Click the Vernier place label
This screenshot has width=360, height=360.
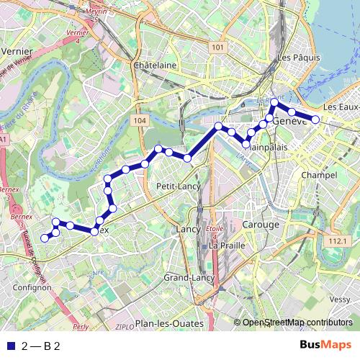(18, 52)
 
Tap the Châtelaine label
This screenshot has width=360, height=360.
(155, 65)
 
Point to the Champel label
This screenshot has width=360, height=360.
(319, 175)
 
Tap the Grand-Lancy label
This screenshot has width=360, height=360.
(189, 277)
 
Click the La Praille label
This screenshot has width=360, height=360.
(225, 246)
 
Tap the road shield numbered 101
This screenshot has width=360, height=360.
(219, 47)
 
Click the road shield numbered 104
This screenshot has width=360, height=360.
(140, 121)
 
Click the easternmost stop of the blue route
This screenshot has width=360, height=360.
(315, 119)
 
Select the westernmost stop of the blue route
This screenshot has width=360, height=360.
(44, 238)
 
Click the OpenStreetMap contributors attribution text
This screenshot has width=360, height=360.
(297, 323)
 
